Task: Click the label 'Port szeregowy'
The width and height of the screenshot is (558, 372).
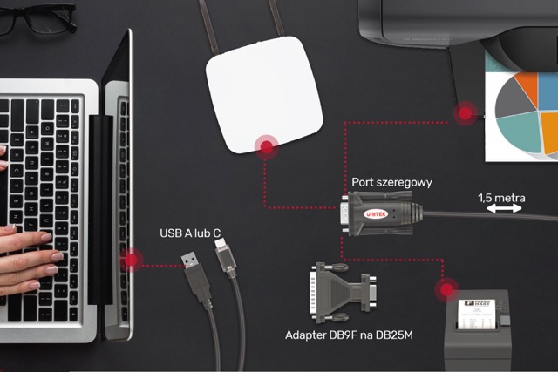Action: [x=391, y=183]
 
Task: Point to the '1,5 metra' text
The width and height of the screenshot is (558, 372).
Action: [x=501, y=198]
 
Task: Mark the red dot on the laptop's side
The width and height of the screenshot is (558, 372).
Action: [x=132, y=259]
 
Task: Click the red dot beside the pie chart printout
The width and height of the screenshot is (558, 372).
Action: [x=464, y=112]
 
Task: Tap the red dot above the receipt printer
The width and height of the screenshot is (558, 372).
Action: [x=448, y=288]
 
